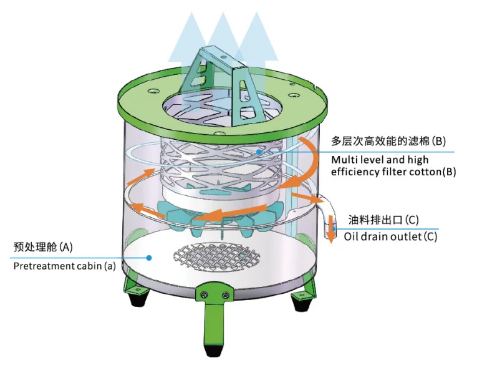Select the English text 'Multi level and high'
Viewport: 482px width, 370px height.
coord(380,160)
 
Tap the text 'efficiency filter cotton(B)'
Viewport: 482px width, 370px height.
coord(393,172)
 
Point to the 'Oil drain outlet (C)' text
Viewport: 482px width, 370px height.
coord(390,236)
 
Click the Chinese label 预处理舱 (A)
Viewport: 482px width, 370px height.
coord(43,246)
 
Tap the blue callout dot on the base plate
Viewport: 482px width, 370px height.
coord(150,256)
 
